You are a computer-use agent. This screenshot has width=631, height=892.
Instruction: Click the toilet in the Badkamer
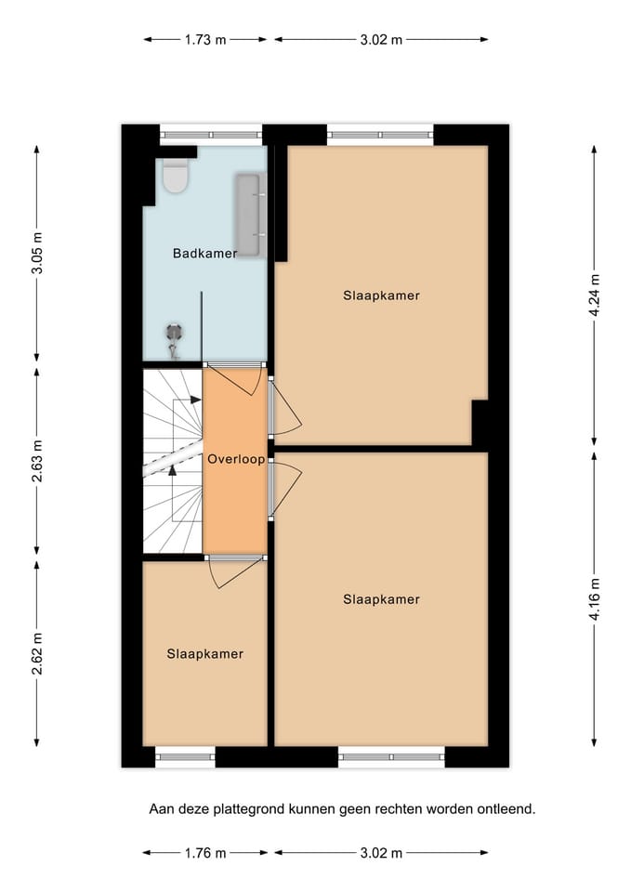[176, 176]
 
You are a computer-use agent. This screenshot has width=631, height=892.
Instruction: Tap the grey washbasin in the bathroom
[250, 215]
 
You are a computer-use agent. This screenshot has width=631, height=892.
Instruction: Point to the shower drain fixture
[174, 340]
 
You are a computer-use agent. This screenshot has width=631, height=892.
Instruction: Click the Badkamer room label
[204, 253]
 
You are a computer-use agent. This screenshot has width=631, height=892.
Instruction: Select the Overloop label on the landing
[236, 459]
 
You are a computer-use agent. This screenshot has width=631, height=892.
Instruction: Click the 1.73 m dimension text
[205, 40]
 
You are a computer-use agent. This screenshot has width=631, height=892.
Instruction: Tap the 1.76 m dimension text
[205, 853]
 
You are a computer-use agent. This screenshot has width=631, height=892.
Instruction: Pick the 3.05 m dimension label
[37, 253]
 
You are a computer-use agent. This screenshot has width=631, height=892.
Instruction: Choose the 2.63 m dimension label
[37, 461]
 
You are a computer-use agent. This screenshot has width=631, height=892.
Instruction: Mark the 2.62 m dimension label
[37, 653]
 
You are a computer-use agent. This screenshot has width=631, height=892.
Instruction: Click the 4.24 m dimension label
[594, 295]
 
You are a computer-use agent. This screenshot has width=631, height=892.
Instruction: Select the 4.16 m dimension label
[594, 599]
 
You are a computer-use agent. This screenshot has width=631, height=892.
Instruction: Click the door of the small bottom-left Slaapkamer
[234, 571]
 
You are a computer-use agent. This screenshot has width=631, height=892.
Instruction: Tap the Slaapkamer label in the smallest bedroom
[204, 654]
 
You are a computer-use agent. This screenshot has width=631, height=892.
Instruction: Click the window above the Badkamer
[211, 135]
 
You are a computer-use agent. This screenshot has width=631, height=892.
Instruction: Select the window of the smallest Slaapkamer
[186, 756]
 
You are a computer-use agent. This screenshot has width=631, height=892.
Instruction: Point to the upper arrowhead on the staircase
[196, 400]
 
